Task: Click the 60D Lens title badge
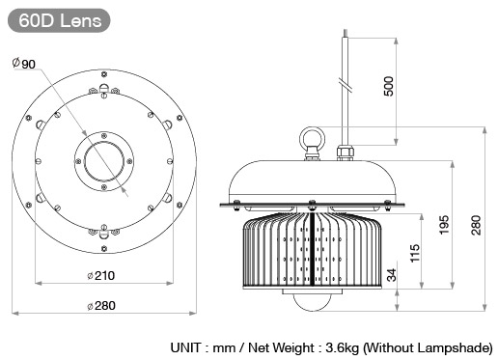tap(59, 20)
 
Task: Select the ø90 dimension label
tap(24, 64)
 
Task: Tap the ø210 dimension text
tap(101, 276)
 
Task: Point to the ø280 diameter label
tap(101, 306)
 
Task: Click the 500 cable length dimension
tap(389, 86)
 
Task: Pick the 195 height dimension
tap(444, 225)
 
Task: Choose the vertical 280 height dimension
tap(476, 225)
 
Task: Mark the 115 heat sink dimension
tap(415, 253)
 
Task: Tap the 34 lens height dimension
tap(392, 275)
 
